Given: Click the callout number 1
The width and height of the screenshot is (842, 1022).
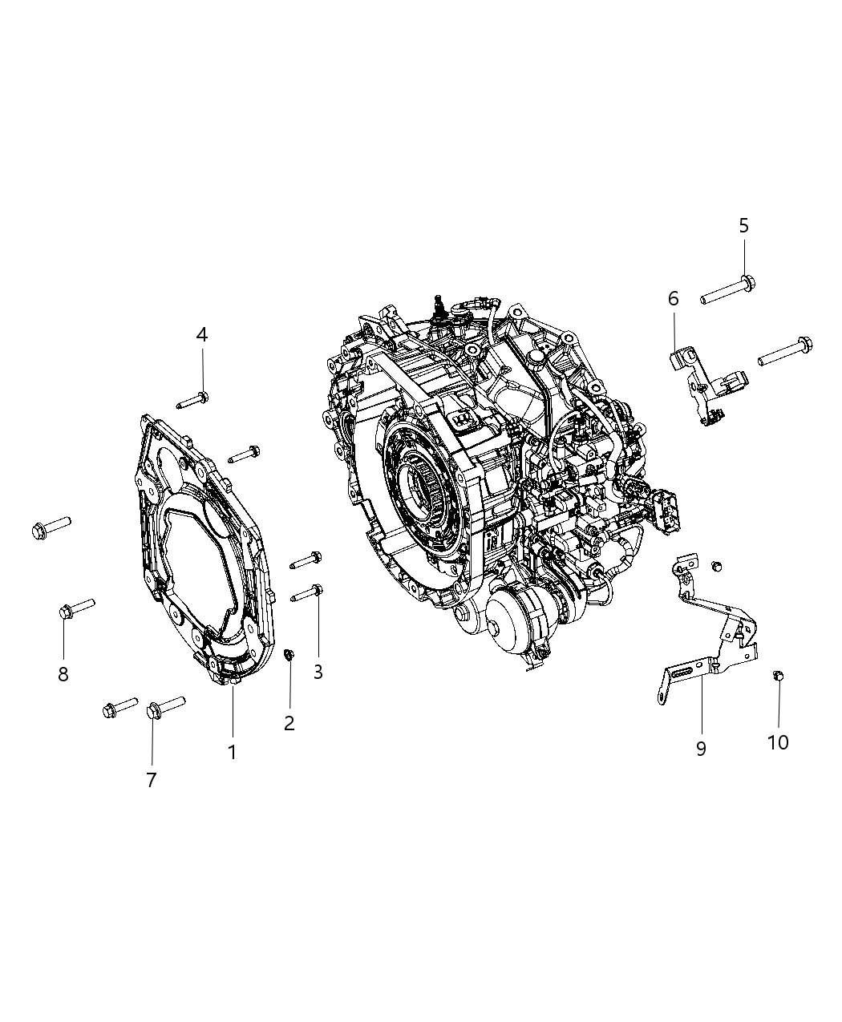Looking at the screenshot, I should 232,752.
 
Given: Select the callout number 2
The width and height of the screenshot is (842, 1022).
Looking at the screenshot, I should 289,723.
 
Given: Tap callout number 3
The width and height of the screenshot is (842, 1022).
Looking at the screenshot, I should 318,672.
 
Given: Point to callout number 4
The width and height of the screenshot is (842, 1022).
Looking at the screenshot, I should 202,334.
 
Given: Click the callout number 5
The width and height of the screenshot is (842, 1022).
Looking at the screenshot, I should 743,225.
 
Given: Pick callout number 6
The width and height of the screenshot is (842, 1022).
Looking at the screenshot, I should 674,299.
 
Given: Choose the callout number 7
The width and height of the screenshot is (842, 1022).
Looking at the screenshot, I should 152,779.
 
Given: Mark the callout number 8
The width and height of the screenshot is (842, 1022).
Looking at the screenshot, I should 63,674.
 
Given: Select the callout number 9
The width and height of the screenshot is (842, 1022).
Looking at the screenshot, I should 701,748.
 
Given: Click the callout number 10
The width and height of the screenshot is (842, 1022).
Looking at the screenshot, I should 778,742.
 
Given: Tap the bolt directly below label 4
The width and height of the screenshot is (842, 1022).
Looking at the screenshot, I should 190,398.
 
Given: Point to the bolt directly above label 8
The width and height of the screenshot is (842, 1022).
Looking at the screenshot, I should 76,608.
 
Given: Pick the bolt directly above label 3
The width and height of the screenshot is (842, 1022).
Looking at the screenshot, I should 306,594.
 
